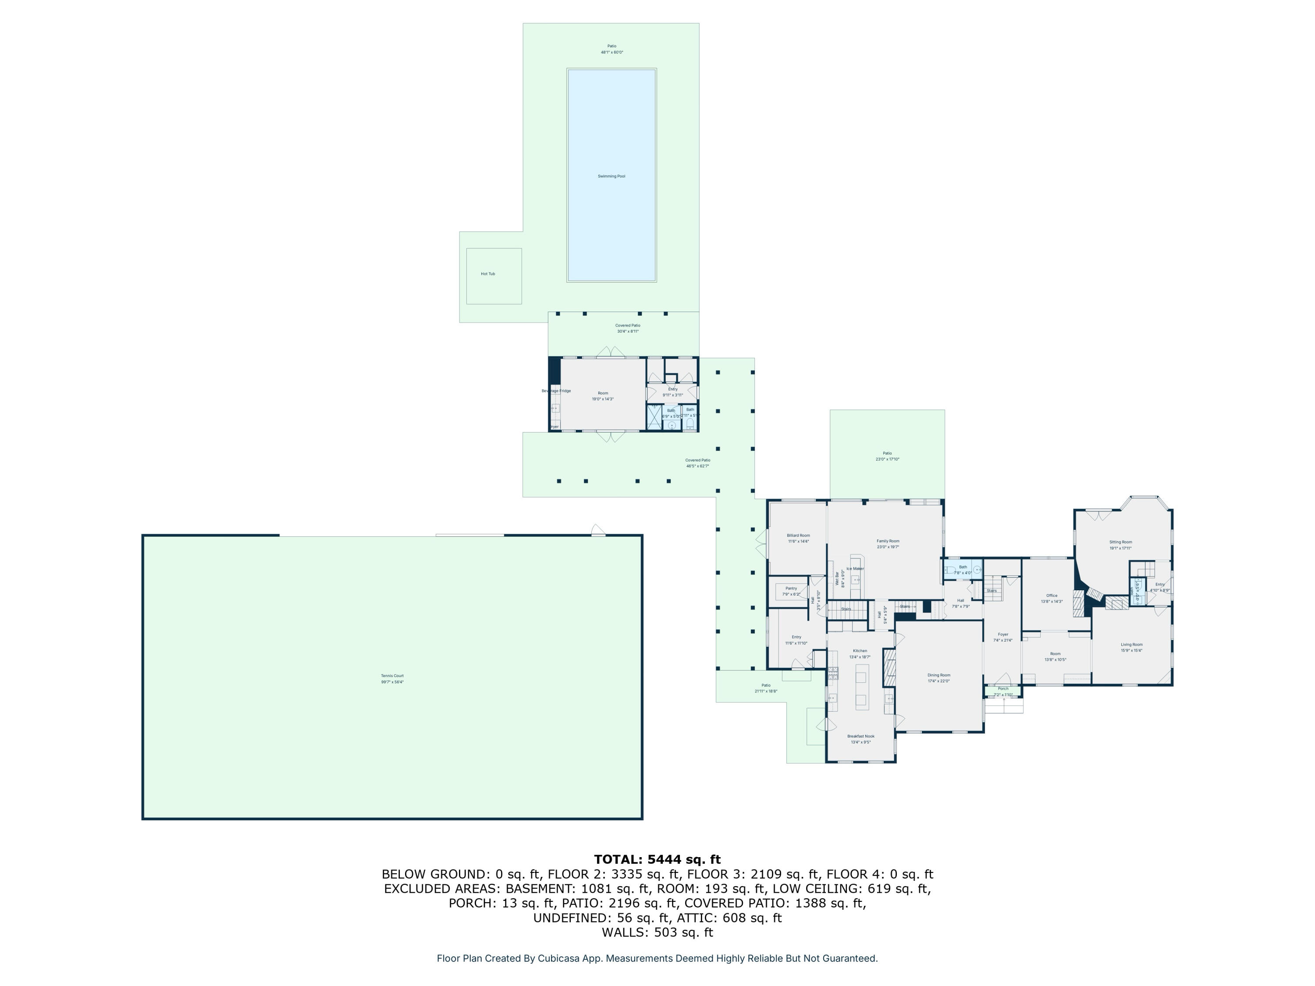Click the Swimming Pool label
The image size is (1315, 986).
pos(611,176)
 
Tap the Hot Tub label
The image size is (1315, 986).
pos(487,274)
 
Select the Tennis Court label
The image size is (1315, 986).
pos(392,676)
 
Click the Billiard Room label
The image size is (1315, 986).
pos(798,536)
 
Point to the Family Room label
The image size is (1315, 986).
pos(888,541)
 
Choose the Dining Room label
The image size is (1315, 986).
pos(939,675)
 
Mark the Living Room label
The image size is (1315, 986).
pos(1131,644)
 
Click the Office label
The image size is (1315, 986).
pos(1052,596)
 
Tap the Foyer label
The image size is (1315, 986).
pos(1003,635)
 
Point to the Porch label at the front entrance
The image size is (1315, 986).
pos(1003,689)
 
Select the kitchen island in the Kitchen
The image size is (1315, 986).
pos(861,686)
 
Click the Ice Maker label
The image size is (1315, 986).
pos(855,569)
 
